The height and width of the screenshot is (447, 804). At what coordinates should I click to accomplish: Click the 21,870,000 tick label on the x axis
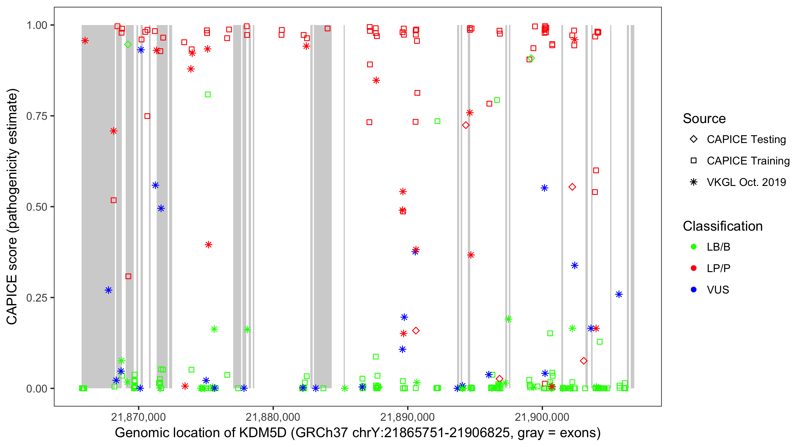click(x=138, y=417)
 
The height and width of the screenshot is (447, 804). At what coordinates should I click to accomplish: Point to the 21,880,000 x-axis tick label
click(x=273, y=417)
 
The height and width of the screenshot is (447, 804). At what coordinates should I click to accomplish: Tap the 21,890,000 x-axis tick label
click(x=407, y=417)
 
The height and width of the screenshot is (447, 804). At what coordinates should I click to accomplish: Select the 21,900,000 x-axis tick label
click(x=542, y=417)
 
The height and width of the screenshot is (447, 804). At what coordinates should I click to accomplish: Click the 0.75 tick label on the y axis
click(x=37, y=116)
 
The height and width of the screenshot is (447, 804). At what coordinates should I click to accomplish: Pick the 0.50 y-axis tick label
click(x=37, y=207)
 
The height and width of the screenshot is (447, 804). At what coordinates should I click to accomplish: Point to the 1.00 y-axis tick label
click(x=37, y=25)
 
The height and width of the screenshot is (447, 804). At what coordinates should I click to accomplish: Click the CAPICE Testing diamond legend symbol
click(x=694, y=139)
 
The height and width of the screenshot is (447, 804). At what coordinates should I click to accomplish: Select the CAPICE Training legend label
click(x=748, y=161)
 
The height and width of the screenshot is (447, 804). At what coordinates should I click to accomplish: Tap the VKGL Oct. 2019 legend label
click(x=746, y=182)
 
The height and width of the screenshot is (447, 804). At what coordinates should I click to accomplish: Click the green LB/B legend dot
click(x=694, y=247)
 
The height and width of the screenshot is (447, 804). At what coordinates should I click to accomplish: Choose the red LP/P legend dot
click(x=694, y=268)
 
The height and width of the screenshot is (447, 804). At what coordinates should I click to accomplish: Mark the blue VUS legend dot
click(x=694, y=290)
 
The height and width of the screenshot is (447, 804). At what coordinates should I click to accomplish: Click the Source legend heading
click(x=704, y=119)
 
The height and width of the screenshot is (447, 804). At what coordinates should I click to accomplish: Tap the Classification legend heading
click(x=722, y=226)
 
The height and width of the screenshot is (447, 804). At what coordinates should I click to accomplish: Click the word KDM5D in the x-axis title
click(x=262, y=433)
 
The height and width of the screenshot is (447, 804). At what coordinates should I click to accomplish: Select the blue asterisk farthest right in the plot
click(x=618, y=294)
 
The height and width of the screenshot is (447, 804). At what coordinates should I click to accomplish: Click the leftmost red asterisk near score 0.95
click(x=85, y=41)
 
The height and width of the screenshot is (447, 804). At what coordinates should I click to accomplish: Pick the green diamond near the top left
click(x=128, y=44)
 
